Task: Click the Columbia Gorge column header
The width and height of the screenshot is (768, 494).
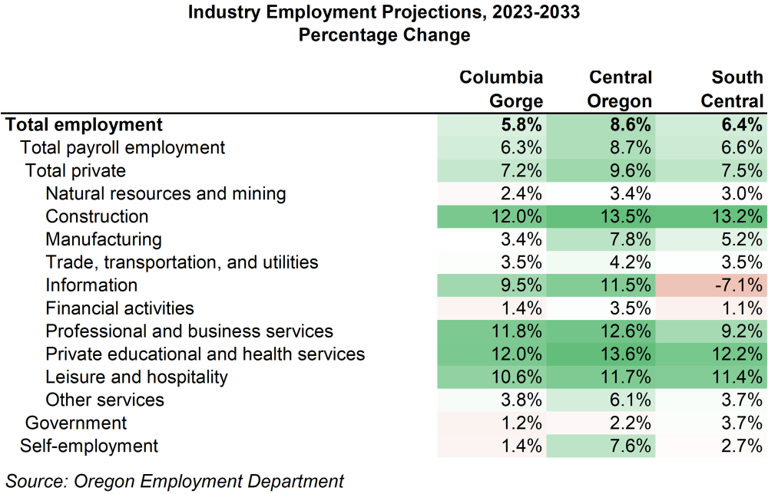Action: [x=501, y=89]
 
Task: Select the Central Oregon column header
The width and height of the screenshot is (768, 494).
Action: [x=621, y=89]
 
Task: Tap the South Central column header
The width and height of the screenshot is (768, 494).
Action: [x=737, y=89]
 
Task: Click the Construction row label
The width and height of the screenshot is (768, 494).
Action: [x=97, y=216]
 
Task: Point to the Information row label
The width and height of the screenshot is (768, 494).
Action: [x=91, y=285]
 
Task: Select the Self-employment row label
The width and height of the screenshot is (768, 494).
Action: [x=89, y=446]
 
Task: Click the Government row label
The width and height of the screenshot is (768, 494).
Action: [x=76, y=423]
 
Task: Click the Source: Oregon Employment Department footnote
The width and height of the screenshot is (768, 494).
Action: [x=174, y=481]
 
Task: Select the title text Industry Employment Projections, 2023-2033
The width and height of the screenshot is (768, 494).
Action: [x=383, y=13]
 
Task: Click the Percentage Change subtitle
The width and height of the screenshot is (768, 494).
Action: [x=383, y=35]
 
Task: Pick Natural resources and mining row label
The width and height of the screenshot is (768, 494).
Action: [x=165, y=193]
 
